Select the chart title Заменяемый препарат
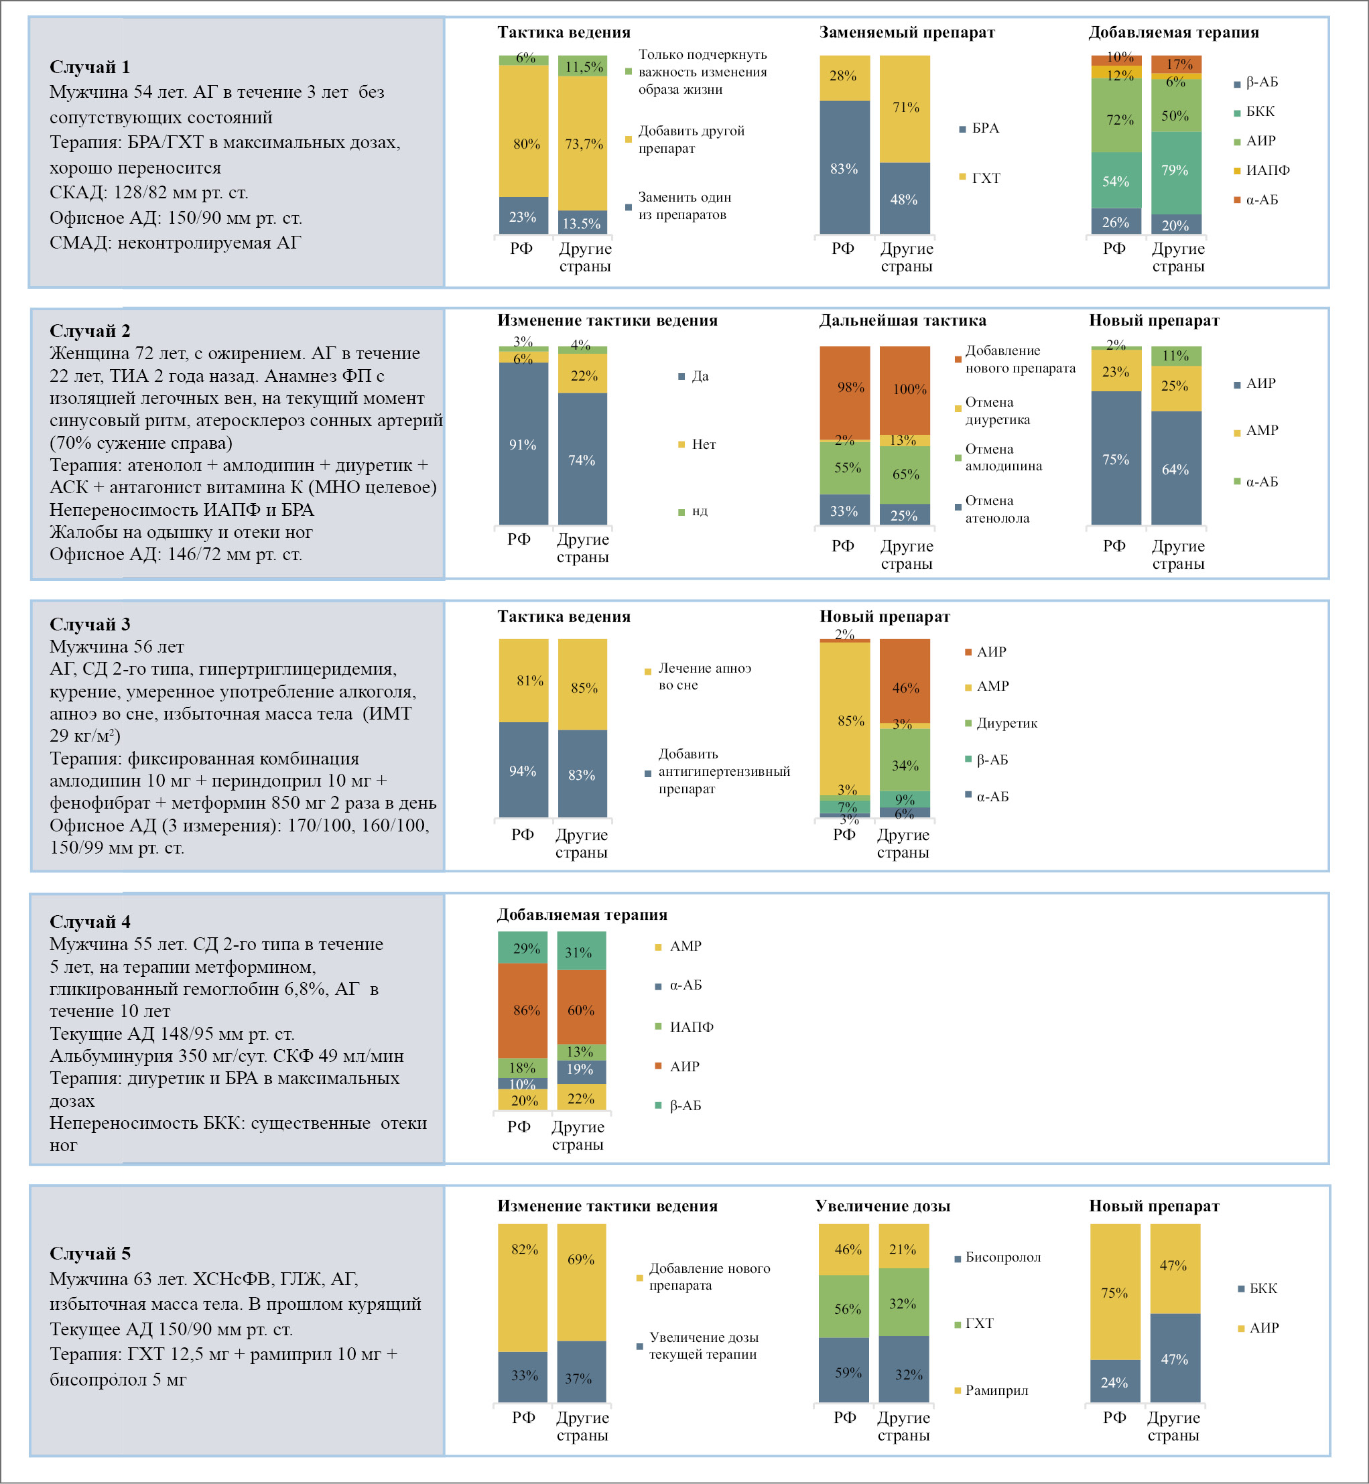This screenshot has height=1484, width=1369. click(907, 32)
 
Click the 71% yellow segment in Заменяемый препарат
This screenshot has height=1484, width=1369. click(905, 108)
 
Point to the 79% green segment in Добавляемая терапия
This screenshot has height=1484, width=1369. click(1175, 172)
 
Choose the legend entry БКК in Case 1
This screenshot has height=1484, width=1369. click(1260, 111)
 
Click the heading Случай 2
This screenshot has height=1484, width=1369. click(90, 330)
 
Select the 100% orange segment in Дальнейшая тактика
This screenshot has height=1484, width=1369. click(905, 389)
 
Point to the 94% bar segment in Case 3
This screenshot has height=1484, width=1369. click(523, 770)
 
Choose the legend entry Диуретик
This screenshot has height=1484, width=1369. click(1006, 723)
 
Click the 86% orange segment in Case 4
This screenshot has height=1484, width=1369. click(523, 1010)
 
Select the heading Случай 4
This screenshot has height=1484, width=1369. click(90, 921)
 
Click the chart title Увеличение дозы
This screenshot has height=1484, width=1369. click(883, 1205)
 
